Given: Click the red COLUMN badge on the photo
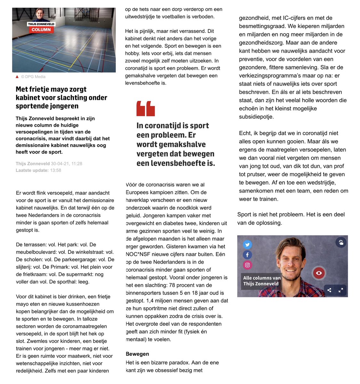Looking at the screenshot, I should point(41,29).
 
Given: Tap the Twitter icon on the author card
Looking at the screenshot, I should point(247,245).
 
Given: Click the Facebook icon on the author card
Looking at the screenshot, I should point(247,255).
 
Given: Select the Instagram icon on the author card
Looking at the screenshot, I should point(247,265).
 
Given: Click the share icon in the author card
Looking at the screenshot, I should point(329,290).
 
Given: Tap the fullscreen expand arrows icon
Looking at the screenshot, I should point(341,290).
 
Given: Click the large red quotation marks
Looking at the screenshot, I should point(146,108).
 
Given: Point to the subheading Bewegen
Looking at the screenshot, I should point(137,354).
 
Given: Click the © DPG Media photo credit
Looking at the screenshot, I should point(33,77).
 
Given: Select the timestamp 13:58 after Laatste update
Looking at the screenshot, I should point(55,170).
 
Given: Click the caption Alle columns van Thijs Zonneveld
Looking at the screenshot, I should point(261,281).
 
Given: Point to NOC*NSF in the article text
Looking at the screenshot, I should point(139,254).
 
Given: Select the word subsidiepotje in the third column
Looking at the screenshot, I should point(256,117).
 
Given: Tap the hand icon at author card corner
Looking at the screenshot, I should point(341,243).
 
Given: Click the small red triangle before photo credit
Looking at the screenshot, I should point(17,77).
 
